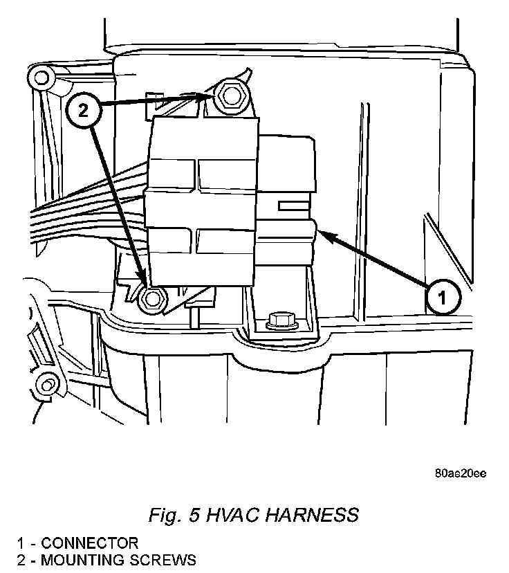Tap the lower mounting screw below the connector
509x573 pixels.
152,298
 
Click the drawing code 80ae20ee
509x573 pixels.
461,473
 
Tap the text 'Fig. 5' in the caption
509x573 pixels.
172,515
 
